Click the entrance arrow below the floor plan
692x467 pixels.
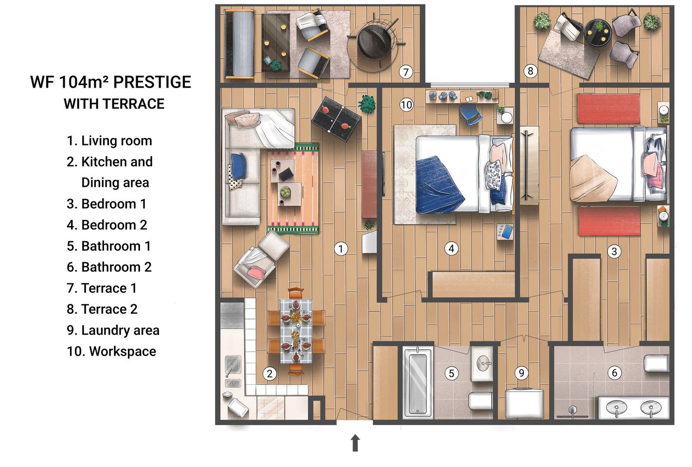tap(355, 443)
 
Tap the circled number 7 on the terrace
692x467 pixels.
tap(406, 72)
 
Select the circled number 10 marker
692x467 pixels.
tap(406, 105)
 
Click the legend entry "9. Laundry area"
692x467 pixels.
tap(113, 330)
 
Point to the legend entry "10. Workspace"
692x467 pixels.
tap(111, 351)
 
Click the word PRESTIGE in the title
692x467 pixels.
tap(152, 82)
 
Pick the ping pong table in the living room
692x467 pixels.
tap(336, 119)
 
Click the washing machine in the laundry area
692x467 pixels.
tap(524, 403)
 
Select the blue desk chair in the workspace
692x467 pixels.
tap(470, 114)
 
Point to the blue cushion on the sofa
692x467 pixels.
tap(238, 166)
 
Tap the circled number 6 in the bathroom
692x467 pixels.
tap(615, 373)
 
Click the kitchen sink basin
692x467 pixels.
tap(232, 362)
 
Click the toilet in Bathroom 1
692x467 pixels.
tap(480, 401)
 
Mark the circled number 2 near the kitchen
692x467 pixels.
tap(270, 374)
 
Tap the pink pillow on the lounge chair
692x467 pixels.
tap(257, 272)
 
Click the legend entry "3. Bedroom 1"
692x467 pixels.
tap(106, 204)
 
